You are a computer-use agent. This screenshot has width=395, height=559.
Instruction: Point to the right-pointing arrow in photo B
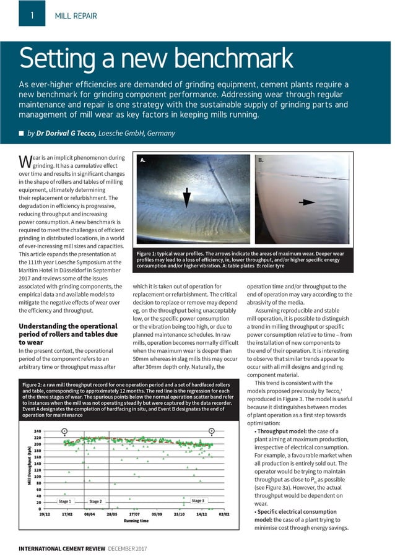click(306, 202)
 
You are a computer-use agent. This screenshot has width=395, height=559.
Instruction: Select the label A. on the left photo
click(143, 160)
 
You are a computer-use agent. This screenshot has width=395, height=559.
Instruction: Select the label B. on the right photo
click(261, 160)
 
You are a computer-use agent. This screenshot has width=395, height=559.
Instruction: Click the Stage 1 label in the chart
click(65, 501)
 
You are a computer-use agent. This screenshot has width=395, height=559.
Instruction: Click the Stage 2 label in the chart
click(95, 501)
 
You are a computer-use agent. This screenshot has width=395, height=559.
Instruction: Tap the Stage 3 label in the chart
click(198, 500)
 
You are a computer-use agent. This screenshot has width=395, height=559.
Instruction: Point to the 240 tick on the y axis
click(37, 431)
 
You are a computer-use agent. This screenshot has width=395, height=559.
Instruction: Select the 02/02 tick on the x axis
click(224, 514)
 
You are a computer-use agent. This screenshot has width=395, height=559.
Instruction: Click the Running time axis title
click(136, 521)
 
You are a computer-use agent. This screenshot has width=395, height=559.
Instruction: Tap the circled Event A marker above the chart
click(64, 430)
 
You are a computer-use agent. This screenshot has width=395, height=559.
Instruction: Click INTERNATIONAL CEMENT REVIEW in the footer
click(62, 548)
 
